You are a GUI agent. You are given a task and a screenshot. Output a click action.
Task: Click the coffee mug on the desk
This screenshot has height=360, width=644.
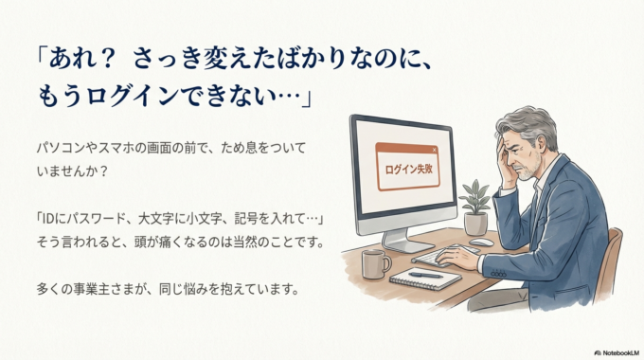(x=374, y=262)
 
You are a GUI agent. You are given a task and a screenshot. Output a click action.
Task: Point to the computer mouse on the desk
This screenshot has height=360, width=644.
(x=481, y=243)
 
